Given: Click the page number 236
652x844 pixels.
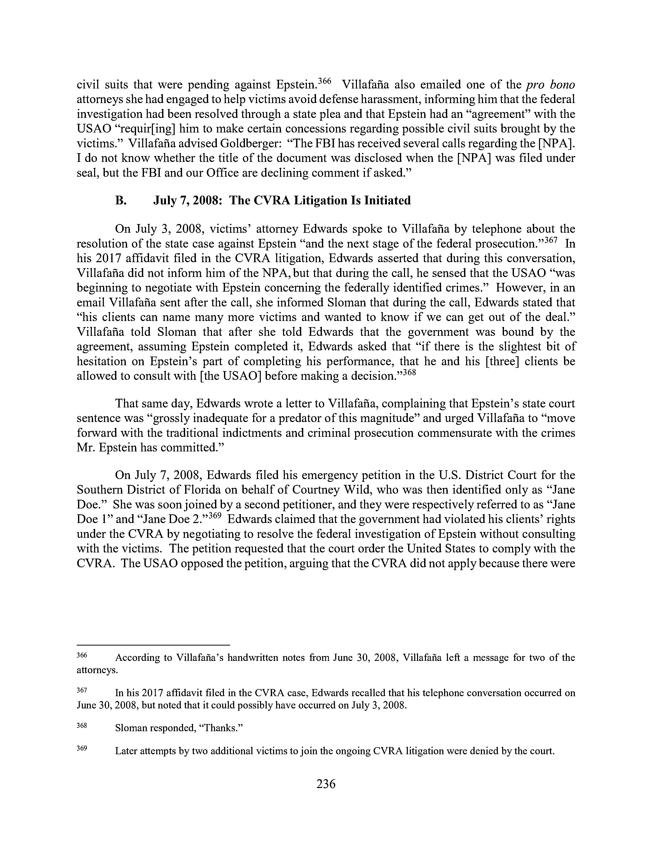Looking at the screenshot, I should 325,784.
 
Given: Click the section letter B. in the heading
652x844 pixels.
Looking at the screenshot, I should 120,201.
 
